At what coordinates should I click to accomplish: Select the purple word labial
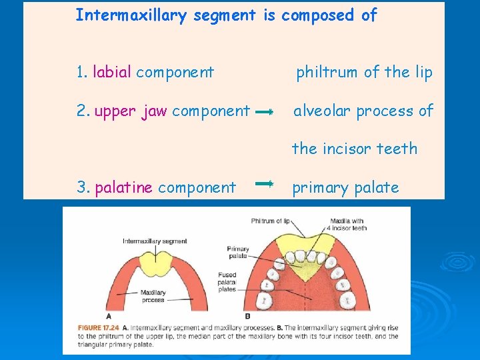point(112,72)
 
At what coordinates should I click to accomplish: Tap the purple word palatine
point(124,188)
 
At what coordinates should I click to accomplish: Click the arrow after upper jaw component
point(264,113)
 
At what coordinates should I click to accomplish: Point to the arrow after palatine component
point(264,182)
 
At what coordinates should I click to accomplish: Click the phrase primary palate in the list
point(345,188)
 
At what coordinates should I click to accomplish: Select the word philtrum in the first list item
point(327,72)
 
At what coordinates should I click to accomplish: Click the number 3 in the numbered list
point(81,188)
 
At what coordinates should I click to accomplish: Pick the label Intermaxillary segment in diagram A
point(155,241)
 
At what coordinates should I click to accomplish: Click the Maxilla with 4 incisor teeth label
point(348,224)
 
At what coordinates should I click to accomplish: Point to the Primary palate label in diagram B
point(238,252)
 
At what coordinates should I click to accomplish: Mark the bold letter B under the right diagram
point(248,316)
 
